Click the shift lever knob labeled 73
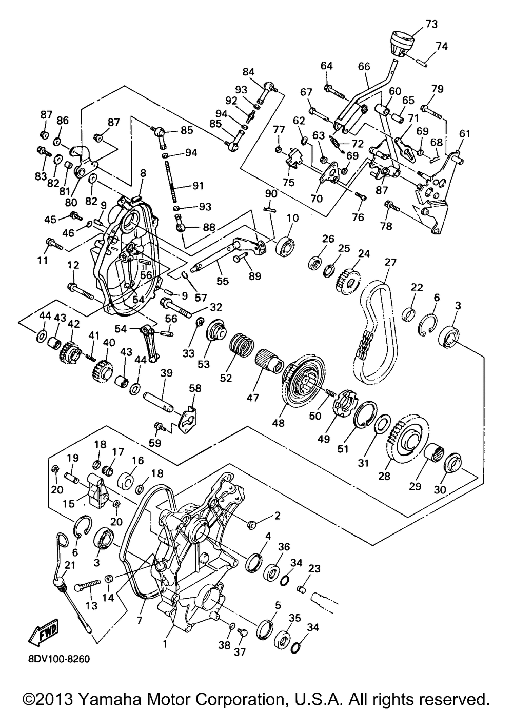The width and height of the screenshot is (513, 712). click(402, 44)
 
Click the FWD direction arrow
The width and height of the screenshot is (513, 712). click(44, 629)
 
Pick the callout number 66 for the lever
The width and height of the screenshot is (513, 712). click(364, 67)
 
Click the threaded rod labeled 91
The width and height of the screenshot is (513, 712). click(170, 181)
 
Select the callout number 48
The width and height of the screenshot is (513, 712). click(279, 423)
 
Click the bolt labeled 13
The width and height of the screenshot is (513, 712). click(87, 585)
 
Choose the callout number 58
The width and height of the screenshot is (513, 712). click(195, 388)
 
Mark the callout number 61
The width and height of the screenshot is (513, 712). click(464, 134)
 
